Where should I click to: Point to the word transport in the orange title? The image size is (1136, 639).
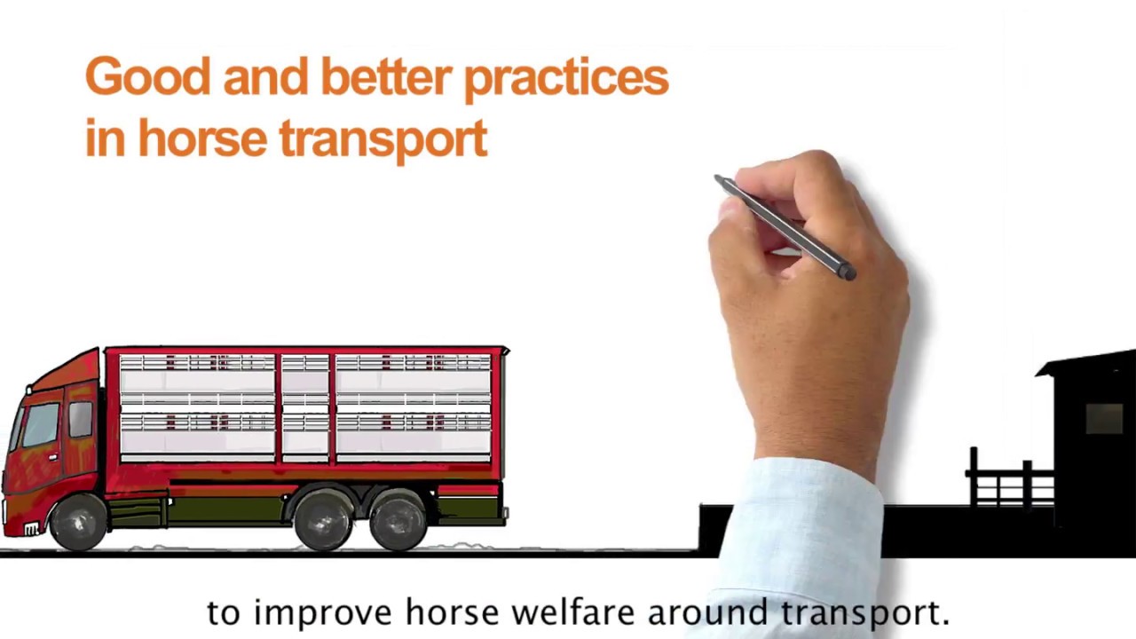[383, 140]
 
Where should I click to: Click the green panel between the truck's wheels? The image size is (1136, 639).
[226, 509]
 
